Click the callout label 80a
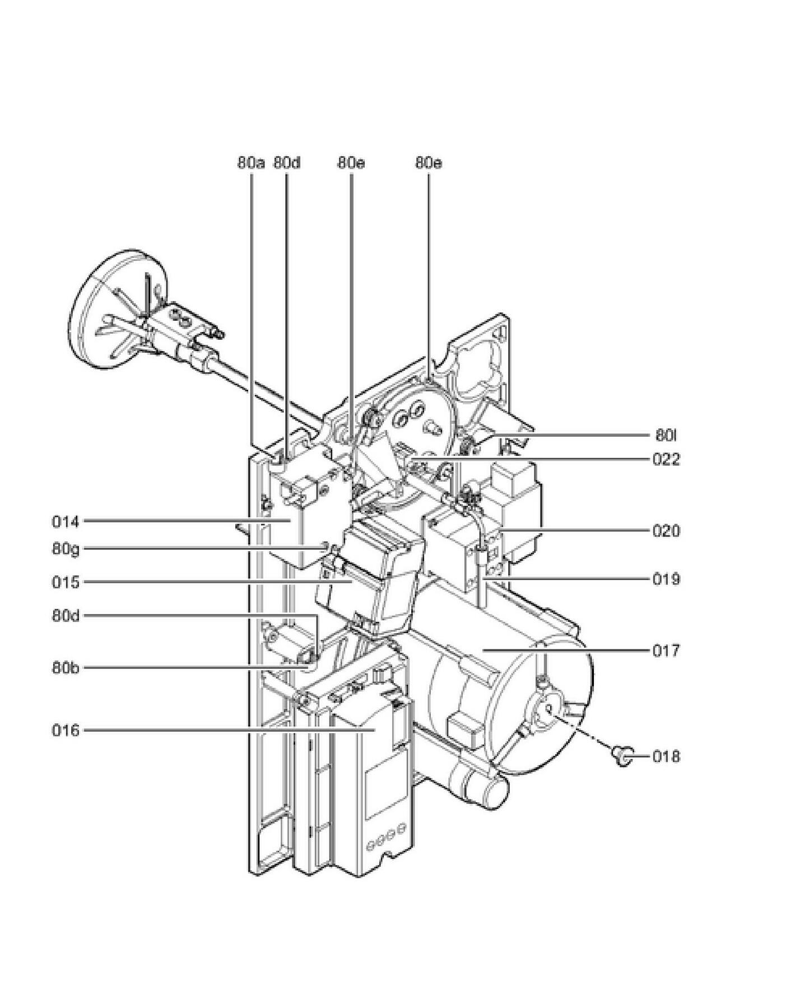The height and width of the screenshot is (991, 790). coord(250,163)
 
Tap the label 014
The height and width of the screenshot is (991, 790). coord(66,522)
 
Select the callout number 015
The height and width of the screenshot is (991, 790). coord(66,582)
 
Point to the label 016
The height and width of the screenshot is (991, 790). coord(66,731)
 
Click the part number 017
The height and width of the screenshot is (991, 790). coord(666,651)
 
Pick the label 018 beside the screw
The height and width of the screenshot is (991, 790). coord(666,757)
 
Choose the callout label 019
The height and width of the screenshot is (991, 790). coord(666,579)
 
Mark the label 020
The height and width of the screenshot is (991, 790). coord(666,531)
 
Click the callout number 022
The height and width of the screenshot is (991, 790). coord(666,460)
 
